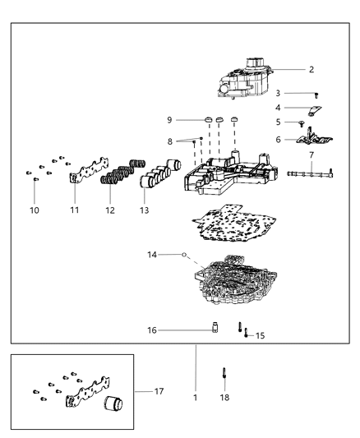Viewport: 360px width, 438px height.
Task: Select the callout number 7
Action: click(312, 154)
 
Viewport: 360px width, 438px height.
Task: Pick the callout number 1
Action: click(195, 397)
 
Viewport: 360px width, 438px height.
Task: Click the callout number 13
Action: click(145, 210)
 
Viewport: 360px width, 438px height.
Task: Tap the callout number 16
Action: click(151, 330)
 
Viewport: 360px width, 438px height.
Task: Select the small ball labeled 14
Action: click(185, 256)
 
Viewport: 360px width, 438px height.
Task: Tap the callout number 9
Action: click(170, 120)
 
